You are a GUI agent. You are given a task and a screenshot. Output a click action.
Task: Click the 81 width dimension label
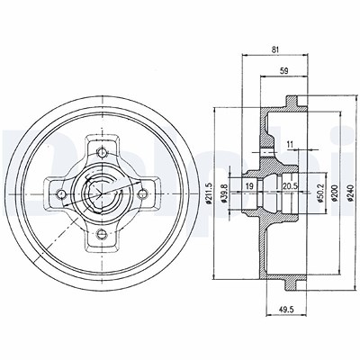[275, 50]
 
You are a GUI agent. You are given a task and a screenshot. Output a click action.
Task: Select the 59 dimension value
[283, 71]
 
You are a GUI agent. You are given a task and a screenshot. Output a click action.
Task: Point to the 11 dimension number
[290, 144]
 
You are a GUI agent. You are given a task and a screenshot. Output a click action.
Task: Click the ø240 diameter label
[350, 193]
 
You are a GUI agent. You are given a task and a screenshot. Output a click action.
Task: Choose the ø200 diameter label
[335, 193]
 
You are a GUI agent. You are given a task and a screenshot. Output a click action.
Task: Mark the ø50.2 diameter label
[320, 193]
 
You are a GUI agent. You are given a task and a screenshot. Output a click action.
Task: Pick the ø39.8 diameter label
[224, 193]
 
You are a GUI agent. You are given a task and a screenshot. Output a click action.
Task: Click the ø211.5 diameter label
[210, 193]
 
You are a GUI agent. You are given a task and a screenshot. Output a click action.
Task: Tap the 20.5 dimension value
[290, 185]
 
